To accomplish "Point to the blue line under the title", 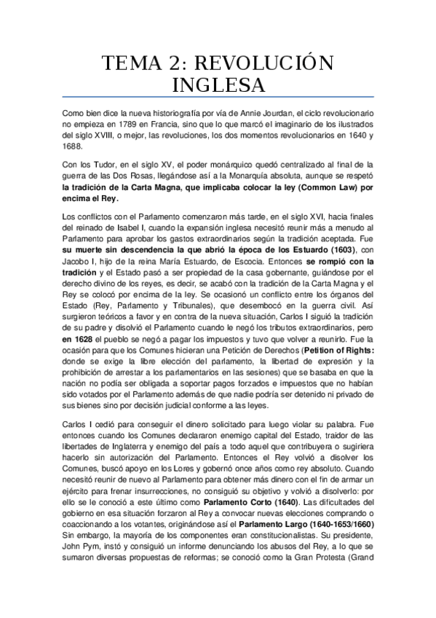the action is [x=218, y=98].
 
